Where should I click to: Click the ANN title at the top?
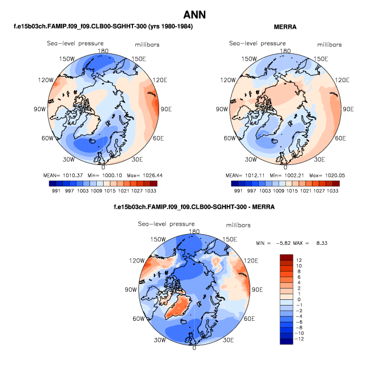pyautogui.click(x=194, y=14)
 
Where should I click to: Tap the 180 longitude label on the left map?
pyautogui.click(x=102, y=50)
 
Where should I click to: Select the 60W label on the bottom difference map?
pyautogui.click(x=138, y=319)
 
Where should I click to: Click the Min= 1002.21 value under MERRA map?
pyautogui.click(x=285, y=175)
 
